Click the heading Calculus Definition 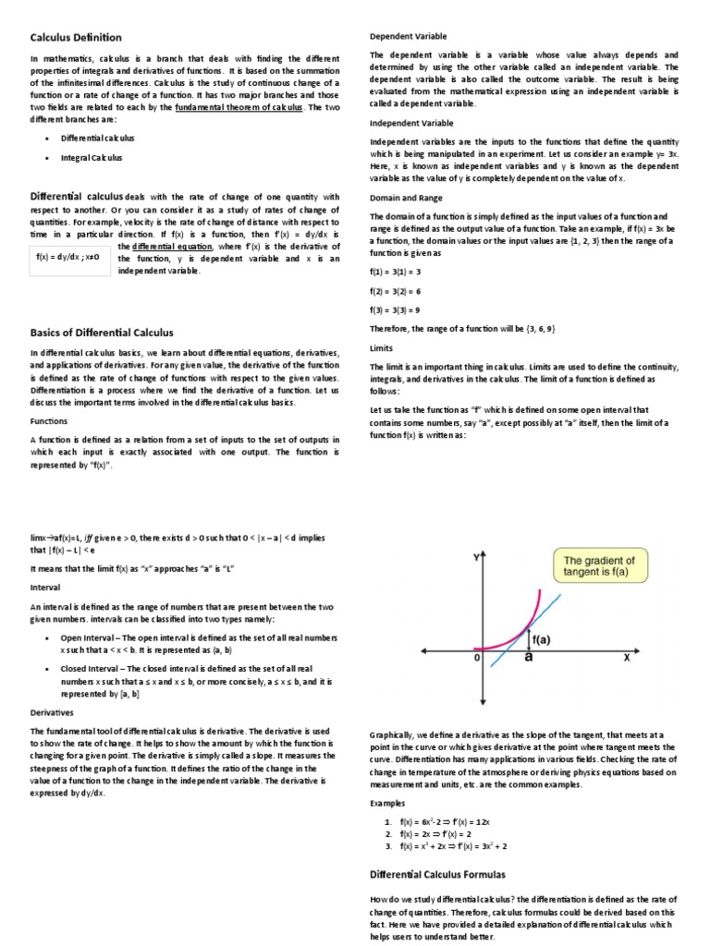(75, 37)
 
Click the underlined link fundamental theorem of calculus (239, 107)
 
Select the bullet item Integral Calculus (92, 157)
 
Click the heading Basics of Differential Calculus (102, 332)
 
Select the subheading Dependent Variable (408, 36)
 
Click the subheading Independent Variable (412, 122)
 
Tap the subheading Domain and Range (406, 197)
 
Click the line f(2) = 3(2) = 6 (396, 291)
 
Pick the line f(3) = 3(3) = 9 (396, 310)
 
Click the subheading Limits (382, 348)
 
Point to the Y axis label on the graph (476, 558)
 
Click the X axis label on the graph (626, 658)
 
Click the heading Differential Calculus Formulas (437, 873)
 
